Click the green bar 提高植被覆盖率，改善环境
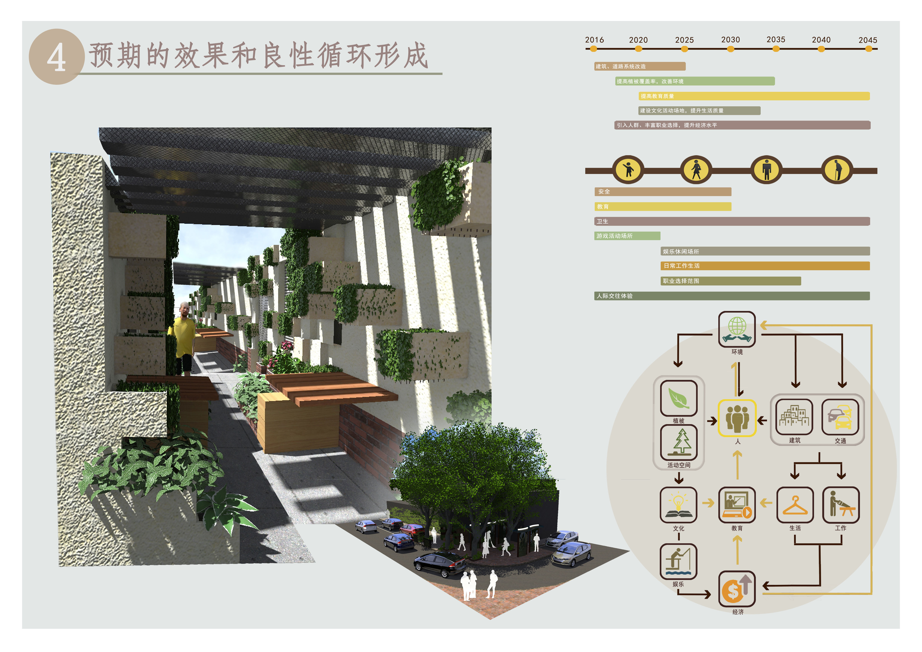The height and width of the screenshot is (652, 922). (695, 81)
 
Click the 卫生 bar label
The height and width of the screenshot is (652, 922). (602, 221)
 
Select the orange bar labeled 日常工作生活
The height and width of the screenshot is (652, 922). (765, 266)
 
